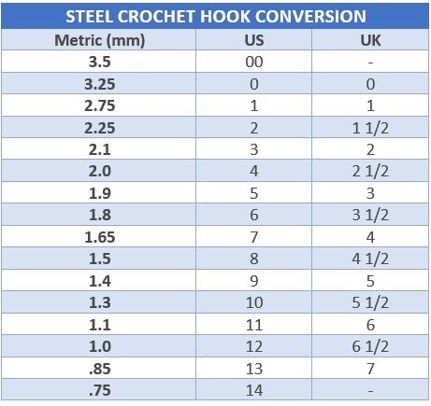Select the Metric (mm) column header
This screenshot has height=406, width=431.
(100, 40)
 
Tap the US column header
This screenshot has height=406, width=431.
(254, 40)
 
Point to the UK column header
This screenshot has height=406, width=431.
(370, 40)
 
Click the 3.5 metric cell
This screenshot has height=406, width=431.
(100, 62)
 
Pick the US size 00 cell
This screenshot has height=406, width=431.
(254, 62)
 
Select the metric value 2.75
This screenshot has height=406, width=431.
(100, 105)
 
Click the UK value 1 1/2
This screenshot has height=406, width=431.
(370, 128)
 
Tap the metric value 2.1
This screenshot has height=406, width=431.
(100, 149)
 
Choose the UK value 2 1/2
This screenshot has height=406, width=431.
(370, 171)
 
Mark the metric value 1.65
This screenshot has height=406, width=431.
(100, 237)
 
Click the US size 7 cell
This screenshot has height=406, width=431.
(254, 237)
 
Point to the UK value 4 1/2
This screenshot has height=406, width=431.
(370, 259)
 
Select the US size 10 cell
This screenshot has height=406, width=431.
(254, 302)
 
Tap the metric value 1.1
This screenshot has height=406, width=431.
(100, 325)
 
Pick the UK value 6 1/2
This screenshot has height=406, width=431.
(370, 346)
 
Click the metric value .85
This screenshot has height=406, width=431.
(100, 369)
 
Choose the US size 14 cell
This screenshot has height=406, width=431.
(254, 390)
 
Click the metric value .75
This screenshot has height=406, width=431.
(100, 390)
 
